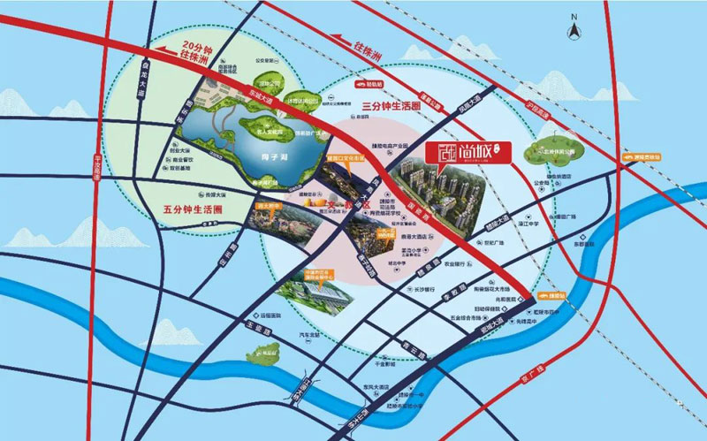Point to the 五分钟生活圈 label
pyautogui.click(x=191, y=209)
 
